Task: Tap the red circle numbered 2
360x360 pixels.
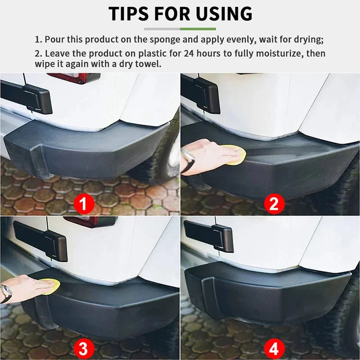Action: click(x=274, y=204)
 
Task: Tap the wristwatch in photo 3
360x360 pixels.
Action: click(x=6, y=293)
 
